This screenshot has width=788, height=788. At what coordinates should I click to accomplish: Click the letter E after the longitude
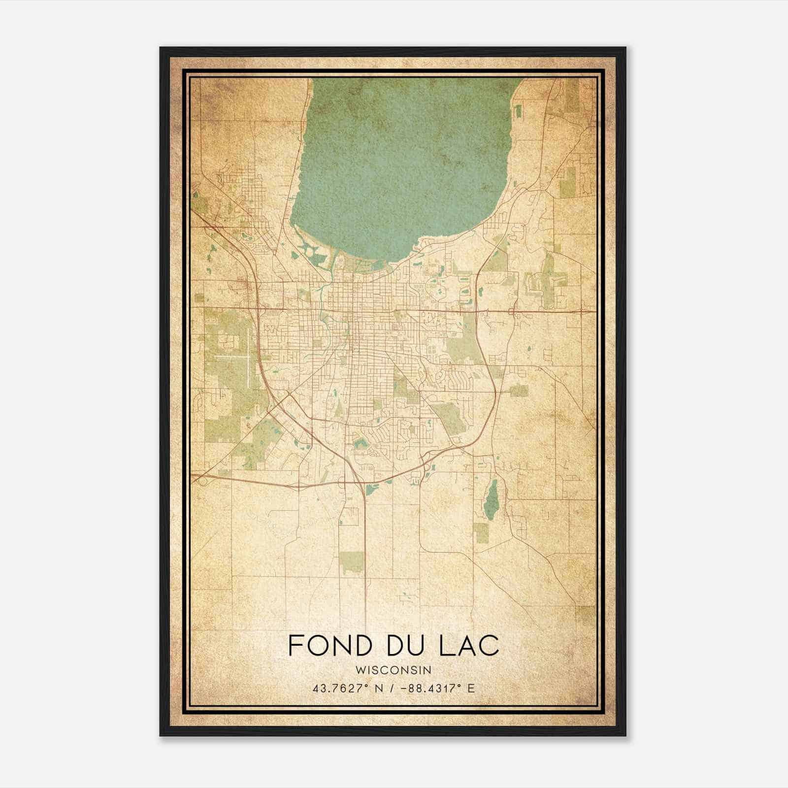click(471, 688)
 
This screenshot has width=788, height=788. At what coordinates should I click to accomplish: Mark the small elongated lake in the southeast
click(490, 500)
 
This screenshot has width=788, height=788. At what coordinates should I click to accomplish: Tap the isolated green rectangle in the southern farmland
click(352, 562)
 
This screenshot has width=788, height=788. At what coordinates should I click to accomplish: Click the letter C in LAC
click(490, 645)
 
